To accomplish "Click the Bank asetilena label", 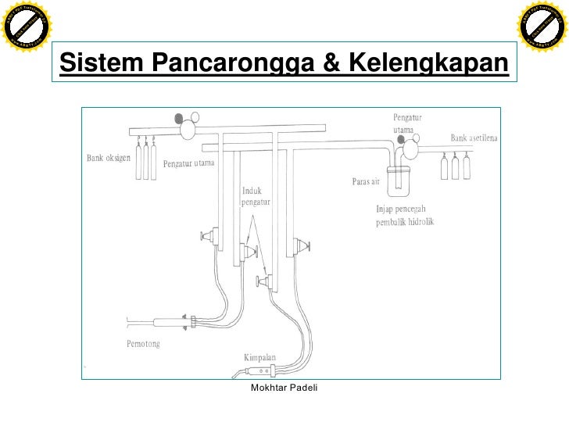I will coord(476,138).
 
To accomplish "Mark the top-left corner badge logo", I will coord(27,27).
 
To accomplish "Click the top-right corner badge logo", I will coord(542,27).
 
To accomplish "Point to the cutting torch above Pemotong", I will coord(168,320).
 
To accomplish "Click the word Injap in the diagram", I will coord(388,209).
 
